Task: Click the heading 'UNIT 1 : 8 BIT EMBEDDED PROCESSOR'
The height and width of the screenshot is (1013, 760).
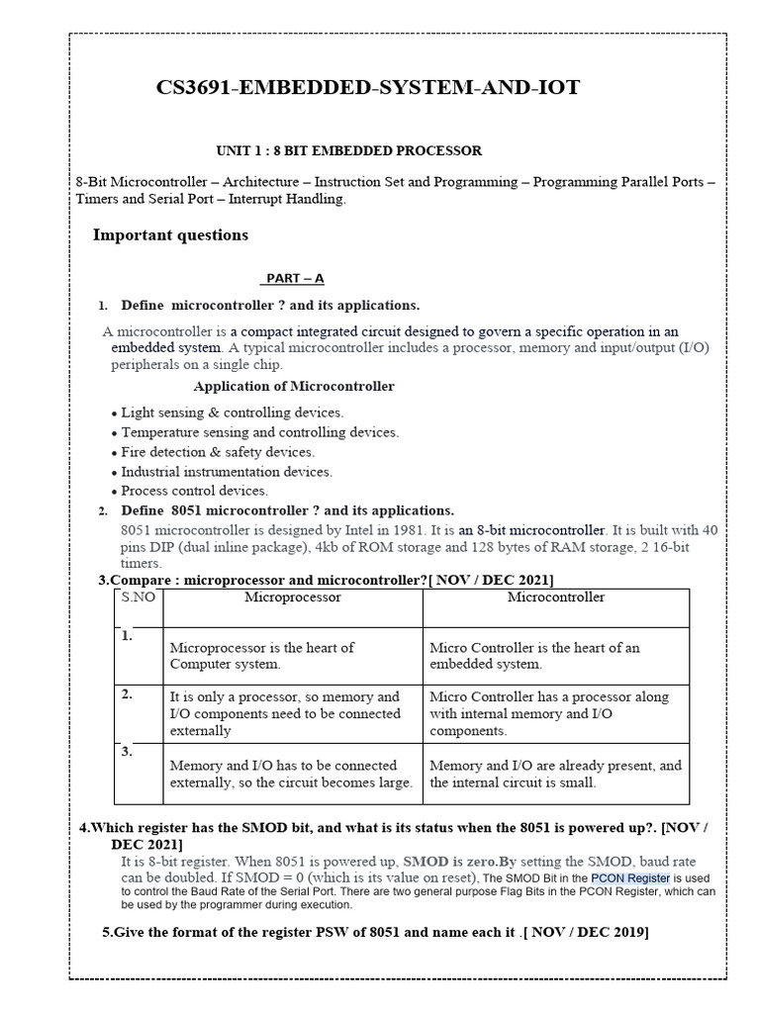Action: tap(348, 151)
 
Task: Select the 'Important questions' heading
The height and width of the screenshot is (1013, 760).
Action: tap(170, 235)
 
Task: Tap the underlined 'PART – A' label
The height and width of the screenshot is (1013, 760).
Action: tap(295, 279)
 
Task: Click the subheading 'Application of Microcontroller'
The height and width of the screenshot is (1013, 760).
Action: tap(294, 386)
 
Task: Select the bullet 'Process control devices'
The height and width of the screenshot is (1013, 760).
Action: tap(194, 491)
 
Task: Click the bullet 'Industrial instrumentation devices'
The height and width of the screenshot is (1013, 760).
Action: tap(227, 472)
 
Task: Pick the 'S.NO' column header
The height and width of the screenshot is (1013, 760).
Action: tap(139, 598)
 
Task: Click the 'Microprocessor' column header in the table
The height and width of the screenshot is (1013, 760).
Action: tap(292, 598)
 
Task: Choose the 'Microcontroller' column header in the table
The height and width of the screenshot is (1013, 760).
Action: tap(555, 598)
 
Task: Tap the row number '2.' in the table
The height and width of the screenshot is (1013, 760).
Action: tap(127, 694)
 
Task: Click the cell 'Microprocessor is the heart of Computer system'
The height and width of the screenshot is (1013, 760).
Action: tap(262, 656)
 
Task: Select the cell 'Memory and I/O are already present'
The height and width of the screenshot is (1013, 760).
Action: tap(555, 774)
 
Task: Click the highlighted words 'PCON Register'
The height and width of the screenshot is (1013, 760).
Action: tap(630, 878)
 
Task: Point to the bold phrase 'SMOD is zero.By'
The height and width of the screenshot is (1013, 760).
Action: tap(460, 862)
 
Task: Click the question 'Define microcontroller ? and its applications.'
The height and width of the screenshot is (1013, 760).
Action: tap(270, 305)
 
